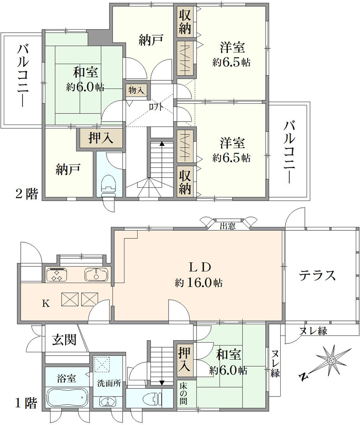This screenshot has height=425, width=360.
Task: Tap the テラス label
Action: coord(317,276)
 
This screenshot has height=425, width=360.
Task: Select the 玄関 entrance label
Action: coord(64,339)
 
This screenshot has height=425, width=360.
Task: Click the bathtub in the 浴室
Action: coord(67,398)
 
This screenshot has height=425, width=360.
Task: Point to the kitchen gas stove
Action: coord(57,274)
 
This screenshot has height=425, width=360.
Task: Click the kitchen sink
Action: coord(96,274)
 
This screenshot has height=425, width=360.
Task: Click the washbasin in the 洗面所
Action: coord(108,402)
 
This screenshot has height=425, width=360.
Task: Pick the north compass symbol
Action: coord(326,362)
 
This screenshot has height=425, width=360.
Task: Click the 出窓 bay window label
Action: coord(228,226)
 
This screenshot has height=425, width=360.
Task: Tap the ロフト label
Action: coord(156,107)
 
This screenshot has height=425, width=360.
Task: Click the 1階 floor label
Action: coord(25,403)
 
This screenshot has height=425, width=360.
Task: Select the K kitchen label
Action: coord(46,303)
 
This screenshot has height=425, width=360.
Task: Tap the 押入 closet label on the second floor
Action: coord(101,138)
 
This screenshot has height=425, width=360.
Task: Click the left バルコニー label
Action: coord(23,76)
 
